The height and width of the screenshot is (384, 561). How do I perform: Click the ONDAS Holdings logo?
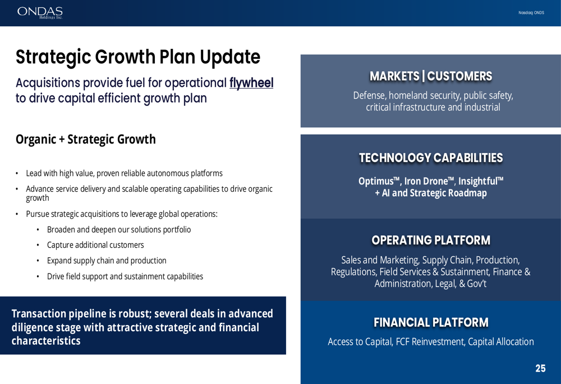pos(40,12)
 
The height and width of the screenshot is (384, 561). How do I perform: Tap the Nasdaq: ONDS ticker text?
pos(531,13)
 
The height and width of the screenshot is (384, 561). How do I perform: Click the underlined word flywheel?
pos(251,83)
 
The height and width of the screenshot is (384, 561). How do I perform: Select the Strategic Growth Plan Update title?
pos(138,57)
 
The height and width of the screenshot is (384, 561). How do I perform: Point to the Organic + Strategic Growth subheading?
pos(85,139)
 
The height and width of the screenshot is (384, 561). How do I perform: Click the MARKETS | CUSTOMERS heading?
pos(431,76)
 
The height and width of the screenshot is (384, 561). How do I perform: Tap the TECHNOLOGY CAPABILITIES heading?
pos(431,158)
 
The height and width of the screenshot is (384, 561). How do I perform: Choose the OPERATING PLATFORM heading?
pos(431,240)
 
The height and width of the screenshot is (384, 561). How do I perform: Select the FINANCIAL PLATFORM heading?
pos(431,322)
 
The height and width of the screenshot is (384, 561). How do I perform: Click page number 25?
pos(540,369)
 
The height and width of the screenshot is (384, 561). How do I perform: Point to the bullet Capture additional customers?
pos(95,245)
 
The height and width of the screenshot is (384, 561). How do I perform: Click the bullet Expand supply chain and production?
pos(107,261)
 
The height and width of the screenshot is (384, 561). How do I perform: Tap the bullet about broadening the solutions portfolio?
pos(119,229)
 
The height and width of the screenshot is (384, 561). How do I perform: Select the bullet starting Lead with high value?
pos(124,173)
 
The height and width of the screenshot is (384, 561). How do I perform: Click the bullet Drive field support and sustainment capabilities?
pos(125,276)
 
